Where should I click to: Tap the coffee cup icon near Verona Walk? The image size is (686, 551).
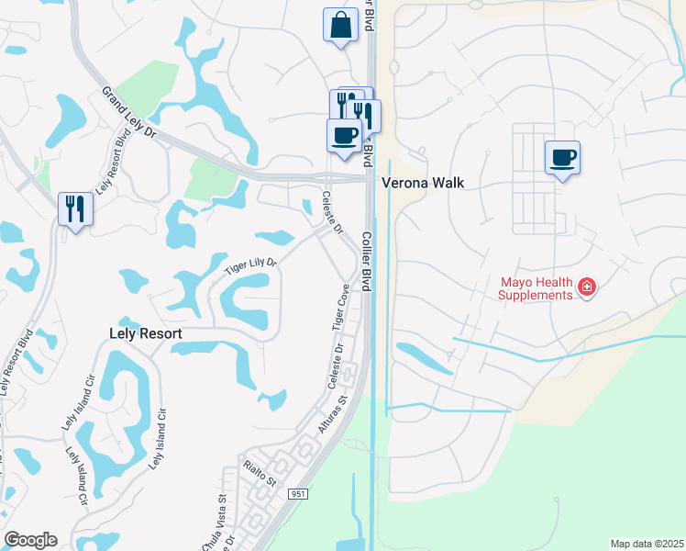[x=562, y=157]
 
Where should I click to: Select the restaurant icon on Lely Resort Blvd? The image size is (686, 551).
[x=75, y=208]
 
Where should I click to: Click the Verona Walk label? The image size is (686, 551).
[x=425, y=183]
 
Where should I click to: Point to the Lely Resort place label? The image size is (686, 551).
[x=147, y=334]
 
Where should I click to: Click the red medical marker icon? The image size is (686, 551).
[x=587, y=288]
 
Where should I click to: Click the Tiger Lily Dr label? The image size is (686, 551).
[x=251, y=267]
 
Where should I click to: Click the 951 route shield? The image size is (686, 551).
[x=299, y=494]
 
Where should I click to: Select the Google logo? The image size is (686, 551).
[x=30, y=540]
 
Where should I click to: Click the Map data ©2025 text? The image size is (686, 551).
[x=647, y=544]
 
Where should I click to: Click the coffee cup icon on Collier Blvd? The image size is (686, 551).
[x=344, y=136]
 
